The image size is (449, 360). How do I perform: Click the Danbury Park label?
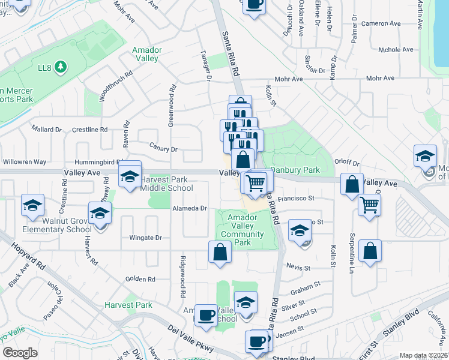coord(295,170)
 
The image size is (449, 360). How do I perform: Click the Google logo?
coord(20,353)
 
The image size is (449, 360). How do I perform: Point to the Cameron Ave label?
coord(381,23)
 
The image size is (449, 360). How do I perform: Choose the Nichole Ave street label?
coord(396,50)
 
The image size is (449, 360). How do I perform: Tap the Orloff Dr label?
coord(346,163)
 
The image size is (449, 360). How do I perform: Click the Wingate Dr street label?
coord(146,238)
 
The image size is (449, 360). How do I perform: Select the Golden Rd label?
coord(140,279)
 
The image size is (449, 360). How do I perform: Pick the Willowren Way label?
coord(25,162)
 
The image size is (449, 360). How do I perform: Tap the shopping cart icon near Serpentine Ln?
coord(369,205)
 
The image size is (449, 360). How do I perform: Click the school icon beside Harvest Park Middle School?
coord(129,176)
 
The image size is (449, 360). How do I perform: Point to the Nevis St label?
coord(298,266)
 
